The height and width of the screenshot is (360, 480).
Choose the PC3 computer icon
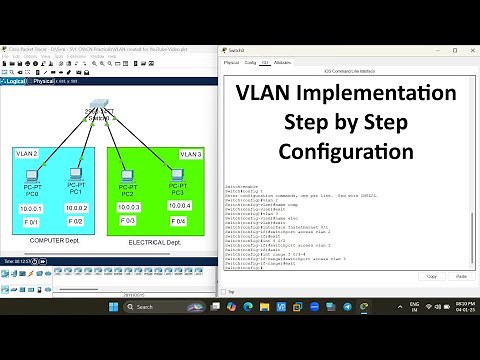(177, 176)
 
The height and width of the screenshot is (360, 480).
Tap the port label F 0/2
(75, 221)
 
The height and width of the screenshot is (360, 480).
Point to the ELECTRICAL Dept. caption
(155, 242)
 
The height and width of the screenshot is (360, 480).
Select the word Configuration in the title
(345, 152)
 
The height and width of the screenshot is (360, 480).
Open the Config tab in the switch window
(248, 62)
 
